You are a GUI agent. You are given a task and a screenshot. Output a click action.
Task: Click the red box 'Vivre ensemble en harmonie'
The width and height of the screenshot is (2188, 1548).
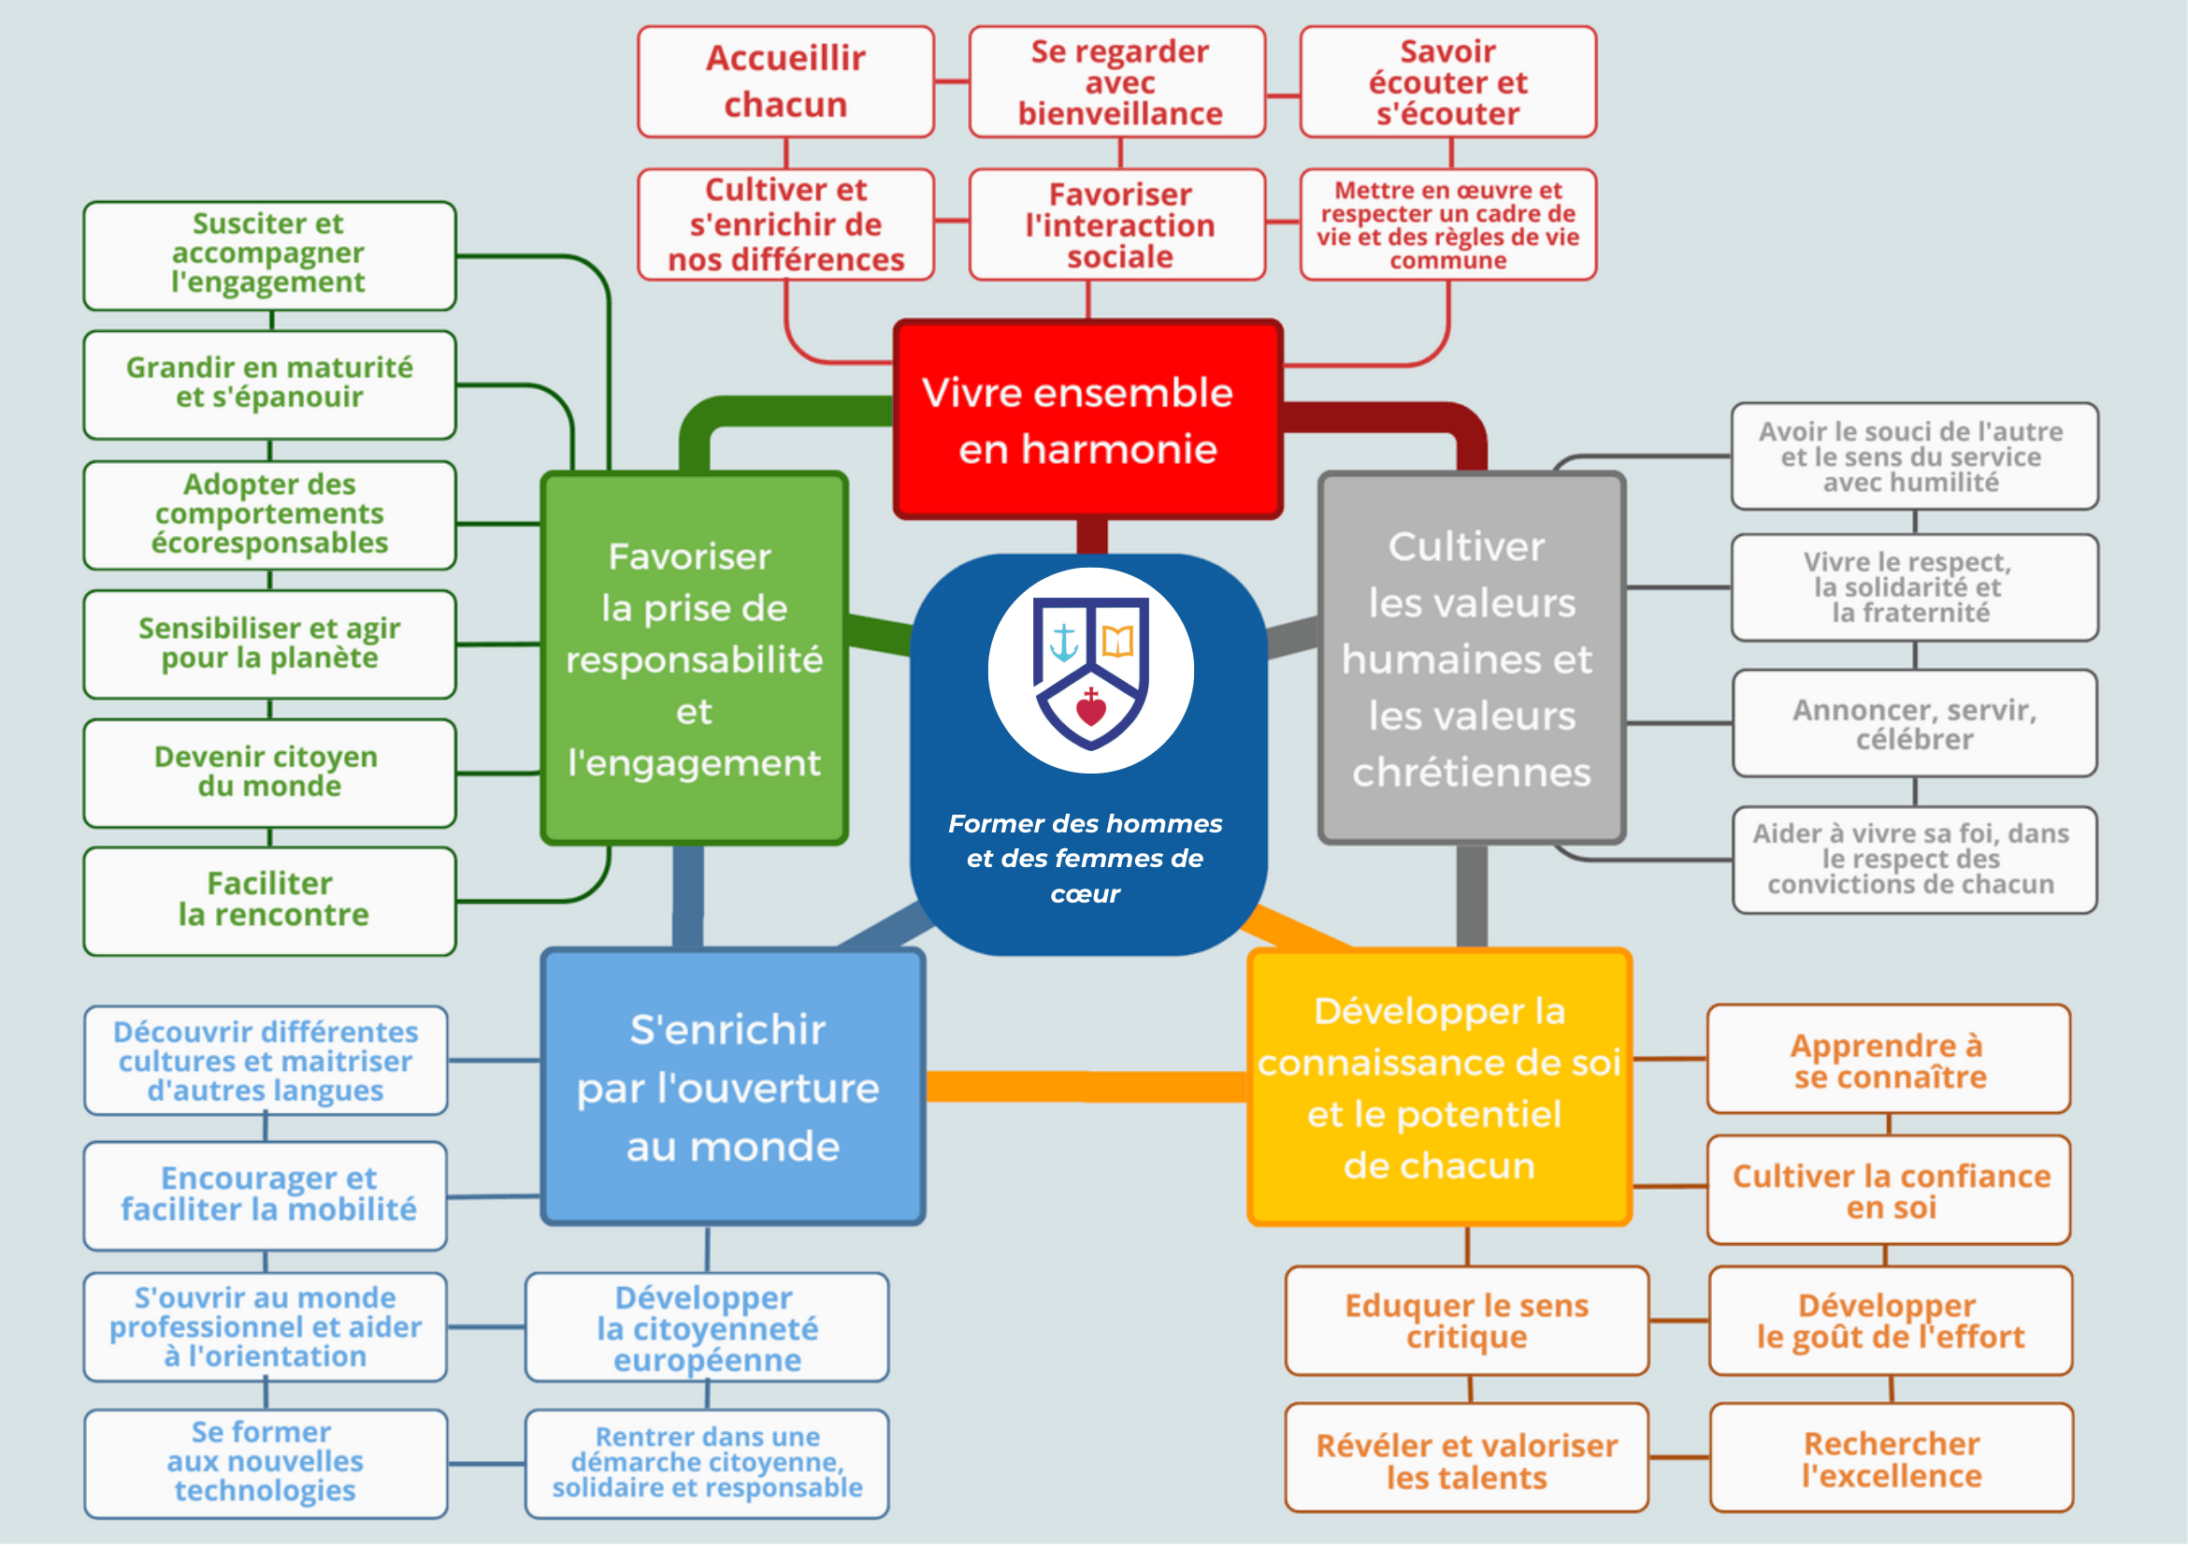click(1088, 420)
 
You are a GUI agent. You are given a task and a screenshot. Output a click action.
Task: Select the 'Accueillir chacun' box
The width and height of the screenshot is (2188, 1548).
click(786, 82)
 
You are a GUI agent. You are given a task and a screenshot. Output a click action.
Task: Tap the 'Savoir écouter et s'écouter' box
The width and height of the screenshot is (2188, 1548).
click(1448, 82)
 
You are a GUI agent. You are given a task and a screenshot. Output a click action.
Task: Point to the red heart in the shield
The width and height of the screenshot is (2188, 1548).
click(1091, 707)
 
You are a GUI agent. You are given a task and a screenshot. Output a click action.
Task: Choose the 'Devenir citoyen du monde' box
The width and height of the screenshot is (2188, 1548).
click(269, 773)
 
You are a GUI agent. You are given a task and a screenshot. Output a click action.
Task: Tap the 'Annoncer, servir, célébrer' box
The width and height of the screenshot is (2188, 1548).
click(1916, 723)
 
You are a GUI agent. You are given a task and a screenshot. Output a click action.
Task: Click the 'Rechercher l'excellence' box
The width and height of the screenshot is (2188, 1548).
click(1892, 1458)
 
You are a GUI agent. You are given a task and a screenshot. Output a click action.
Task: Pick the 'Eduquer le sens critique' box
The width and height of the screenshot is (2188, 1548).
click(1468, 1321)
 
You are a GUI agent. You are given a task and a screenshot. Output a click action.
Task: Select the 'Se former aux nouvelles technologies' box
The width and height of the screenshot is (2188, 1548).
click(266, 1464)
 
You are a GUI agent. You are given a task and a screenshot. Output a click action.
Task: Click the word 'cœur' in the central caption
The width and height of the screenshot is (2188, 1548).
click(1086, 894)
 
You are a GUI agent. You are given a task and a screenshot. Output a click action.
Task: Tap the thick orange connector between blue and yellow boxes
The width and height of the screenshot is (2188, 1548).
click(1087, 1087)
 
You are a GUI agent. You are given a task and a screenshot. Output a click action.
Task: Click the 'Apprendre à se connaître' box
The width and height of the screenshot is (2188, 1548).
click(1889, 1059)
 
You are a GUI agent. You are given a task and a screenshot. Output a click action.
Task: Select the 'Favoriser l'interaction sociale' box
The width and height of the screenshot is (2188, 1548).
click(1117, 225)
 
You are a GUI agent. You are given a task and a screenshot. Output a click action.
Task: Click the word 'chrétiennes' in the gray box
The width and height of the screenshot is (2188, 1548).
click(1472, 773)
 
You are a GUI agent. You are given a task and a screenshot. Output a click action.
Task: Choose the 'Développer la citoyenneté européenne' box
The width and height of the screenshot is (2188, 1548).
click(707, 1328)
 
